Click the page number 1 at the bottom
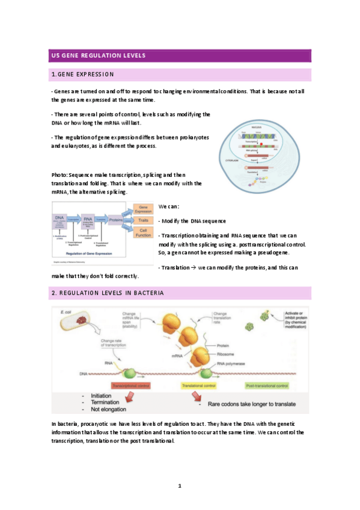(x=179, y=485)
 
